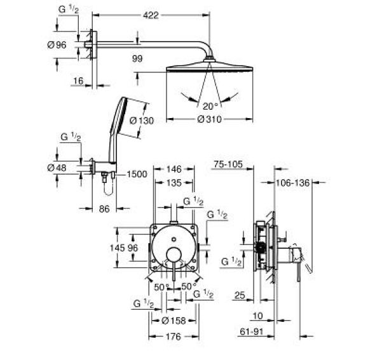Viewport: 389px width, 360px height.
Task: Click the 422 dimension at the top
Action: pyautogui.click(x=151, y=16)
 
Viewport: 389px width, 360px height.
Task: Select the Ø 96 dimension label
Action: pyautogui.click(x=57, y=45)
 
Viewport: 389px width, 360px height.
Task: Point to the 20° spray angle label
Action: pyautogui.click(x=210, y=107)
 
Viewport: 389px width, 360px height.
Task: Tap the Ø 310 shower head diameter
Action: pyautogui.click(x=209, y=119)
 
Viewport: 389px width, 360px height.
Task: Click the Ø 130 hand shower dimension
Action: pyautogui.click(x=142, y=121)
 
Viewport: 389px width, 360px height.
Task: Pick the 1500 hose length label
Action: pyautogui.click(x=137, y=174)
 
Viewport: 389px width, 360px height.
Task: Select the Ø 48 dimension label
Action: pyautogui.click(x=57, y=168)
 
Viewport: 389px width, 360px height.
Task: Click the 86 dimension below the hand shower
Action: pyautogui.click(x=104, y=209)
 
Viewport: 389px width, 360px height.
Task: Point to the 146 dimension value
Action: pyautogui.click(x=174, y=170)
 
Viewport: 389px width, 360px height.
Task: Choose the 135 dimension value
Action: pyautogui.click(x=174, y=183)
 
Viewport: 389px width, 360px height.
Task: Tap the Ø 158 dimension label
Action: pyautogui.click(x=174, y=321)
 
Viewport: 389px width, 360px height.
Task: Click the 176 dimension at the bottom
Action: pyautogui.click(x=174, y=337)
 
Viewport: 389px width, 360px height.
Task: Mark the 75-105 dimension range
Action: pyautogui.click(x=228, y=164)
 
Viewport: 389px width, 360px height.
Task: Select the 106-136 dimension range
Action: pyautogui.click(x=293, y=183)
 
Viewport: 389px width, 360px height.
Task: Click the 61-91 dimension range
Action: pyautogui.click(x=252, y=331)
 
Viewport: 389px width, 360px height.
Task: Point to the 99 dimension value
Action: pyautogui.click(x=137, y=58)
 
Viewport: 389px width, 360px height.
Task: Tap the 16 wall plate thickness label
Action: pyautogui.click(x=78, y=81)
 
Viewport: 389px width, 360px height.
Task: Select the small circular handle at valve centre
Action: pyautogui.click(x=174, y=255)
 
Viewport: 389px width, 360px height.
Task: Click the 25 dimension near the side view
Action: pyautogui.click(x=240, y=295)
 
